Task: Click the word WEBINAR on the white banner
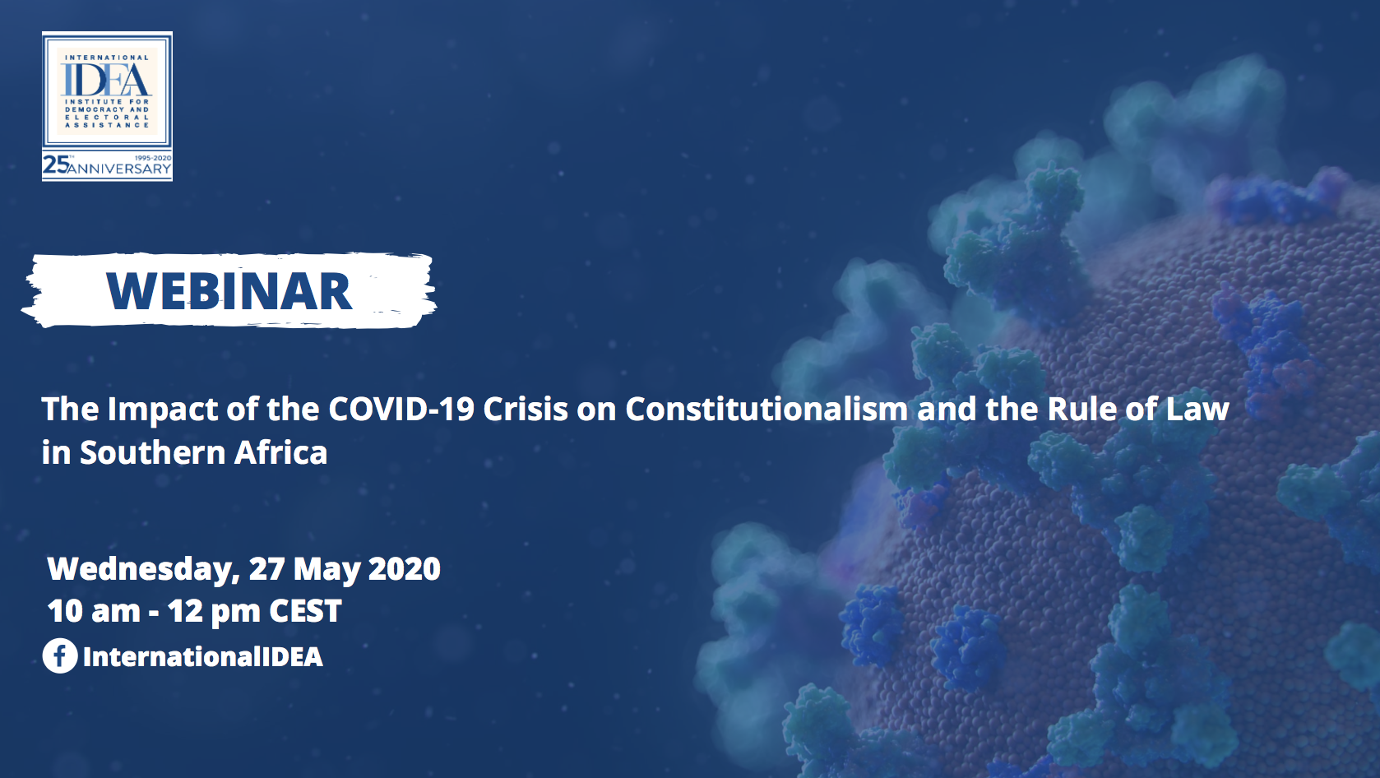pyautogui.click(x=229, y=290)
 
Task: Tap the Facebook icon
pyautogui.click(x=60, y=655)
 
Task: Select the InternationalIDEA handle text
pyautogui.click(x=202, y=656)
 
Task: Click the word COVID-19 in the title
pyautogui.click(x=401, y=409)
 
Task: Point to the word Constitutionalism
pyautogui.click(x=766, y=409)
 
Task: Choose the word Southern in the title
pyautogui.click(x=153, y=453)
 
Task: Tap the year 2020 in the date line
pyautogui.click(x=404, y=568)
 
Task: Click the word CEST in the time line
pyautogui.click(x=305, y=611)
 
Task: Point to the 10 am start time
pyautogui.click(x=94, y=611)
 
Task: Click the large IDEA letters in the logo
pyautogui.click(x=106, y=80)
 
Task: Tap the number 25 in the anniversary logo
pyautogui.click(x=55, y=164)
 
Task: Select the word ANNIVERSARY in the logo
pyautogui.click(x=119, y=169)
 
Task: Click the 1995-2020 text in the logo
pyautogui.click(x=153, y=158)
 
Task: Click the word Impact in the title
pyautogui.click(x=163, y=410)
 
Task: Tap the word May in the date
pyautogui.click(x=326, y=569)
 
